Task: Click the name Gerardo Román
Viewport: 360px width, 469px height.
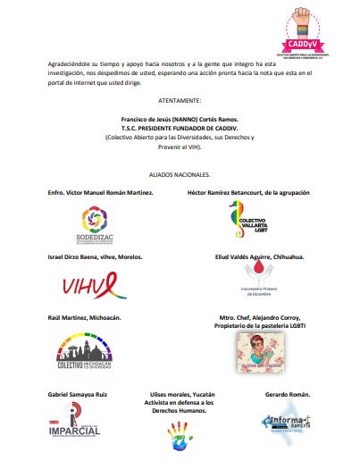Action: (x=287, y=394)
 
